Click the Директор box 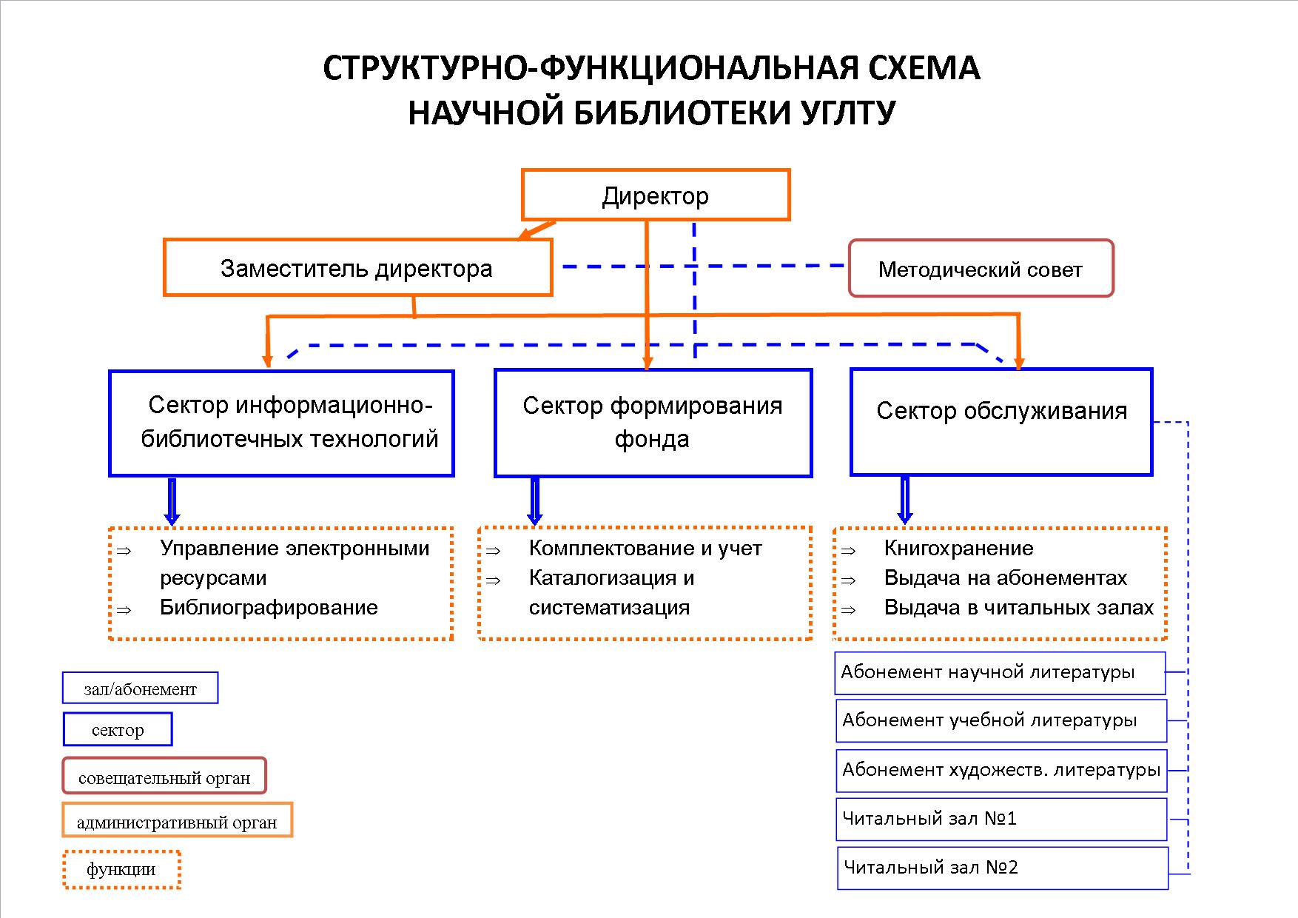point(656,195)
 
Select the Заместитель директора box point(357,268)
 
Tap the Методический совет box point(981,269)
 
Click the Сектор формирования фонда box point(653,423)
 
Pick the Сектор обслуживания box point(1001,422)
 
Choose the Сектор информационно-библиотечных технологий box point(281,423)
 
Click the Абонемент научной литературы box point(1000,673)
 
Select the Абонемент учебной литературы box point(1001,720)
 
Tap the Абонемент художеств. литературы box point(1001,770)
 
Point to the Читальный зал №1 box point(1001,819)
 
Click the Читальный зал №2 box point(1002,868)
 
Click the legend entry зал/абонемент point(140,688)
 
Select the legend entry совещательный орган point(164,777)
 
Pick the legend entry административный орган point(177,821)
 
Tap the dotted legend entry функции point(121,869)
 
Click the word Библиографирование point(269,608)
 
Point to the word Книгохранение point(958,549)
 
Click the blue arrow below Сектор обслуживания point(904,500)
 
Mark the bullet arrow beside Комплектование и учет point(494,551)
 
